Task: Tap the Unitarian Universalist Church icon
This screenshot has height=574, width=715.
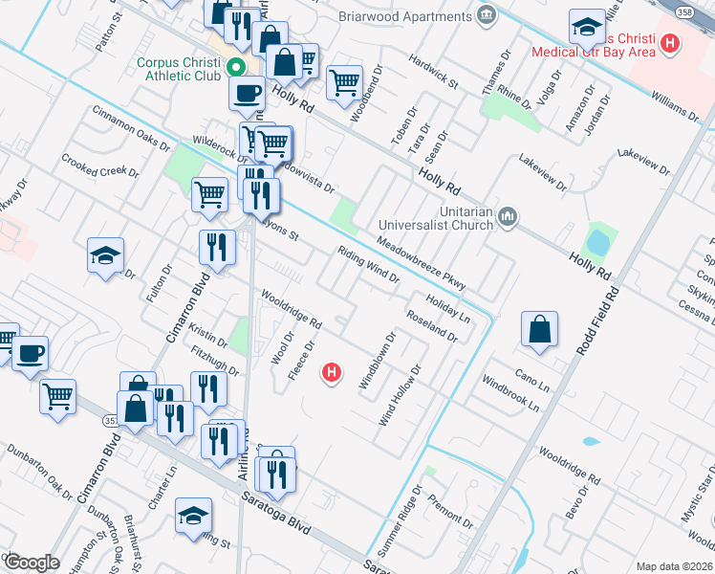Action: click(509, 219)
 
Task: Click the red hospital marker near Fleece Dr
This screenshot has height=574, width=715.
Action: click(332, 372)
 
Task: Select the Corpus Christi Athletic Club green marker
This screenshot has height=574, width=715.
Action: click(233, 67)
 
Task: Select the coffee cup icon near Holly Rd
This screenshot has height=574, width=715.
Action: click(248, 93)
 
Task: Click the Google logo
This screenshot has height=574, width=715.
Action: click(32, 563)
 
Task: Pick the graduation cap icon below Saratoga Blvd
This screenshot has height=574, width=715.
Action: click(193, 516)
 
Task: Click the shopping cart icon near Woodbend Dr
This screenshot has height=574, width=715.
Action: click(344, 82)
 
